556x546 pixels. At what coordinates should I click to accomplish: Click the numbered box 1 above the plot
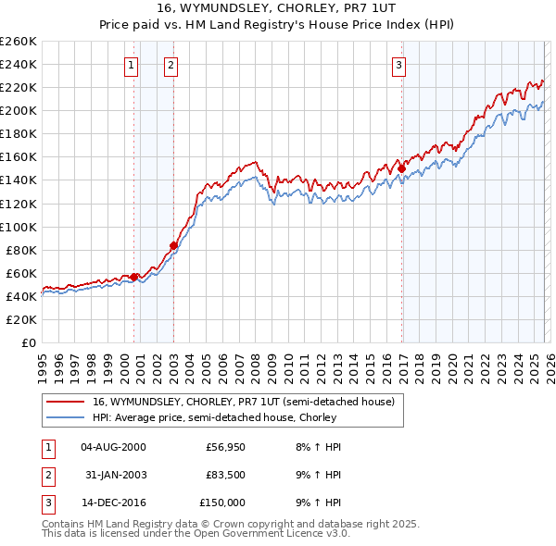[x=131, y=65]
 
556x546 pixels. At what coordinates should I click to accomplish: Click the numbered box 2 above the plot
[x=172, y=65]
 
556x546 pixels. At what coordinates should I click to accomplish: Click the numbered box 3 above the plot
[x=398, y=65]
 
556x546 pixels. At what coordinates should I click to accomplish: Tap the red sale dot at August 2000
[x=133, y=276]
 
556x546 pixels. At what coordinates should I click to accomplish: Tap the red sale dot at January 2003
[x=173, y=245]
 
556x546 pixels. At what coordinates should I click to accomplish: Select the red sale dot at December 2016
[x=401, y=168]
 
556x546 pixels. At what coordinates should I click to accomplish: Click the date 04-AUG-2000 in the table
[x=113, y=447]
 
